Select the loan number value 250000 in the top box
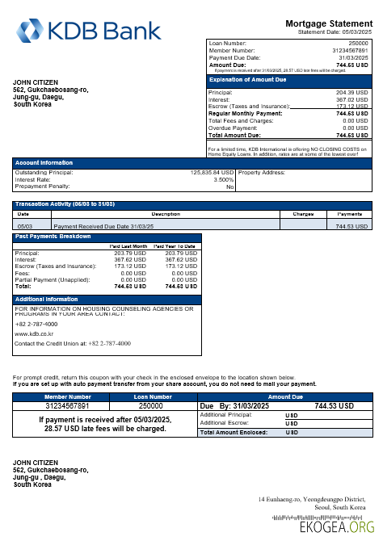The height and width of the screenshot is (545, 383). pyautogui.click(x=358, y=42)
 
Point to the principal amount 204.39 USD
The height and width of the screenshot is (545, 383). pyautogui.click(x=351, y=93)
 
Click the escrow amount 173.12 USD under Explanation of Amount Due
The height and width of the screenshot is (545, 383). pyautogui.click(x=351, y=107)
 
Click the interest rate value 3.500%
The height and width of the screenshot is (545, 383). pyautogui.click(x=223, y=179)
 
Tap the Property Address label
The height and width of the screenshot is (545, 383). pyautogui.click(x=262, y=172)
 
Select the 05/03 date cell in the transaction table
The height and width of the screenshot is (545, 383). pyautogui.click(x=24, y=227)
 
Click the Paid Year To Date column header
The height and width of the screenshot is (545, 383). pyautogui.click(x=175, y=246)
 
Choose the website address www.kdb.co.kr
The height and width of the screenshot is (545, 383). pyautogui.click(x=35, y=333)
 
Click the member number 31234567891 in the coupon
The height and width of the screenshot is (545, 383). pyautogui.click(x=68, y=405)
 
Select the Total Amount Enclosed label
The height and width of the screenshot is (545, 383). pyautogui.click(x=235, y=432)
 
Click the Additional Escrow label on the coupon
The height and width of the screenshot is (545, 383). pyautogui.click(x=225, y=422)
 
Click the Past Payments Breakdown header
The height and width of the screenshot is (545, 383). pyautogui.click(x=53, y=237)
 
